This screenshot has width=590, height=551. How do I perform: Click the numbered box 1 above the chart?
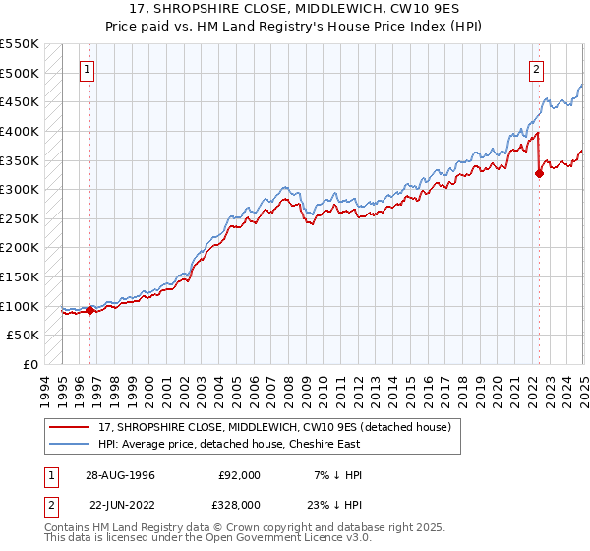click(88, 69)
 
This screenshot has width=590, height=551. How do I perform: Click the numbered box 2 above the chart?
click(537, 69)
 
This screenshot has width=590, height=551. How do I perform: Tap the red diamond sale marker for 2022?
click(539, 173)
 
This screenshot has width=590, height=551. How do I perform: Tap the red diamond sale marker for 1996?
click(89, 311)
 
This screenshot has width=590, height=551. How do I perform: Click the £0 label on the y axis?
click(31, 365)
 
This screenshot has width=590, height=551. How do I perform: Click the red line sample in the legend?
click(70, 427)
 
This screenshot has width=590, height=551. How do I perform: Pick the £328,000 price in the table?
click(239, 504)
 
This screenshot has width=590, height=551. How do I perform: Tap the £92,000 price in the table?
click(239, 475)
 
